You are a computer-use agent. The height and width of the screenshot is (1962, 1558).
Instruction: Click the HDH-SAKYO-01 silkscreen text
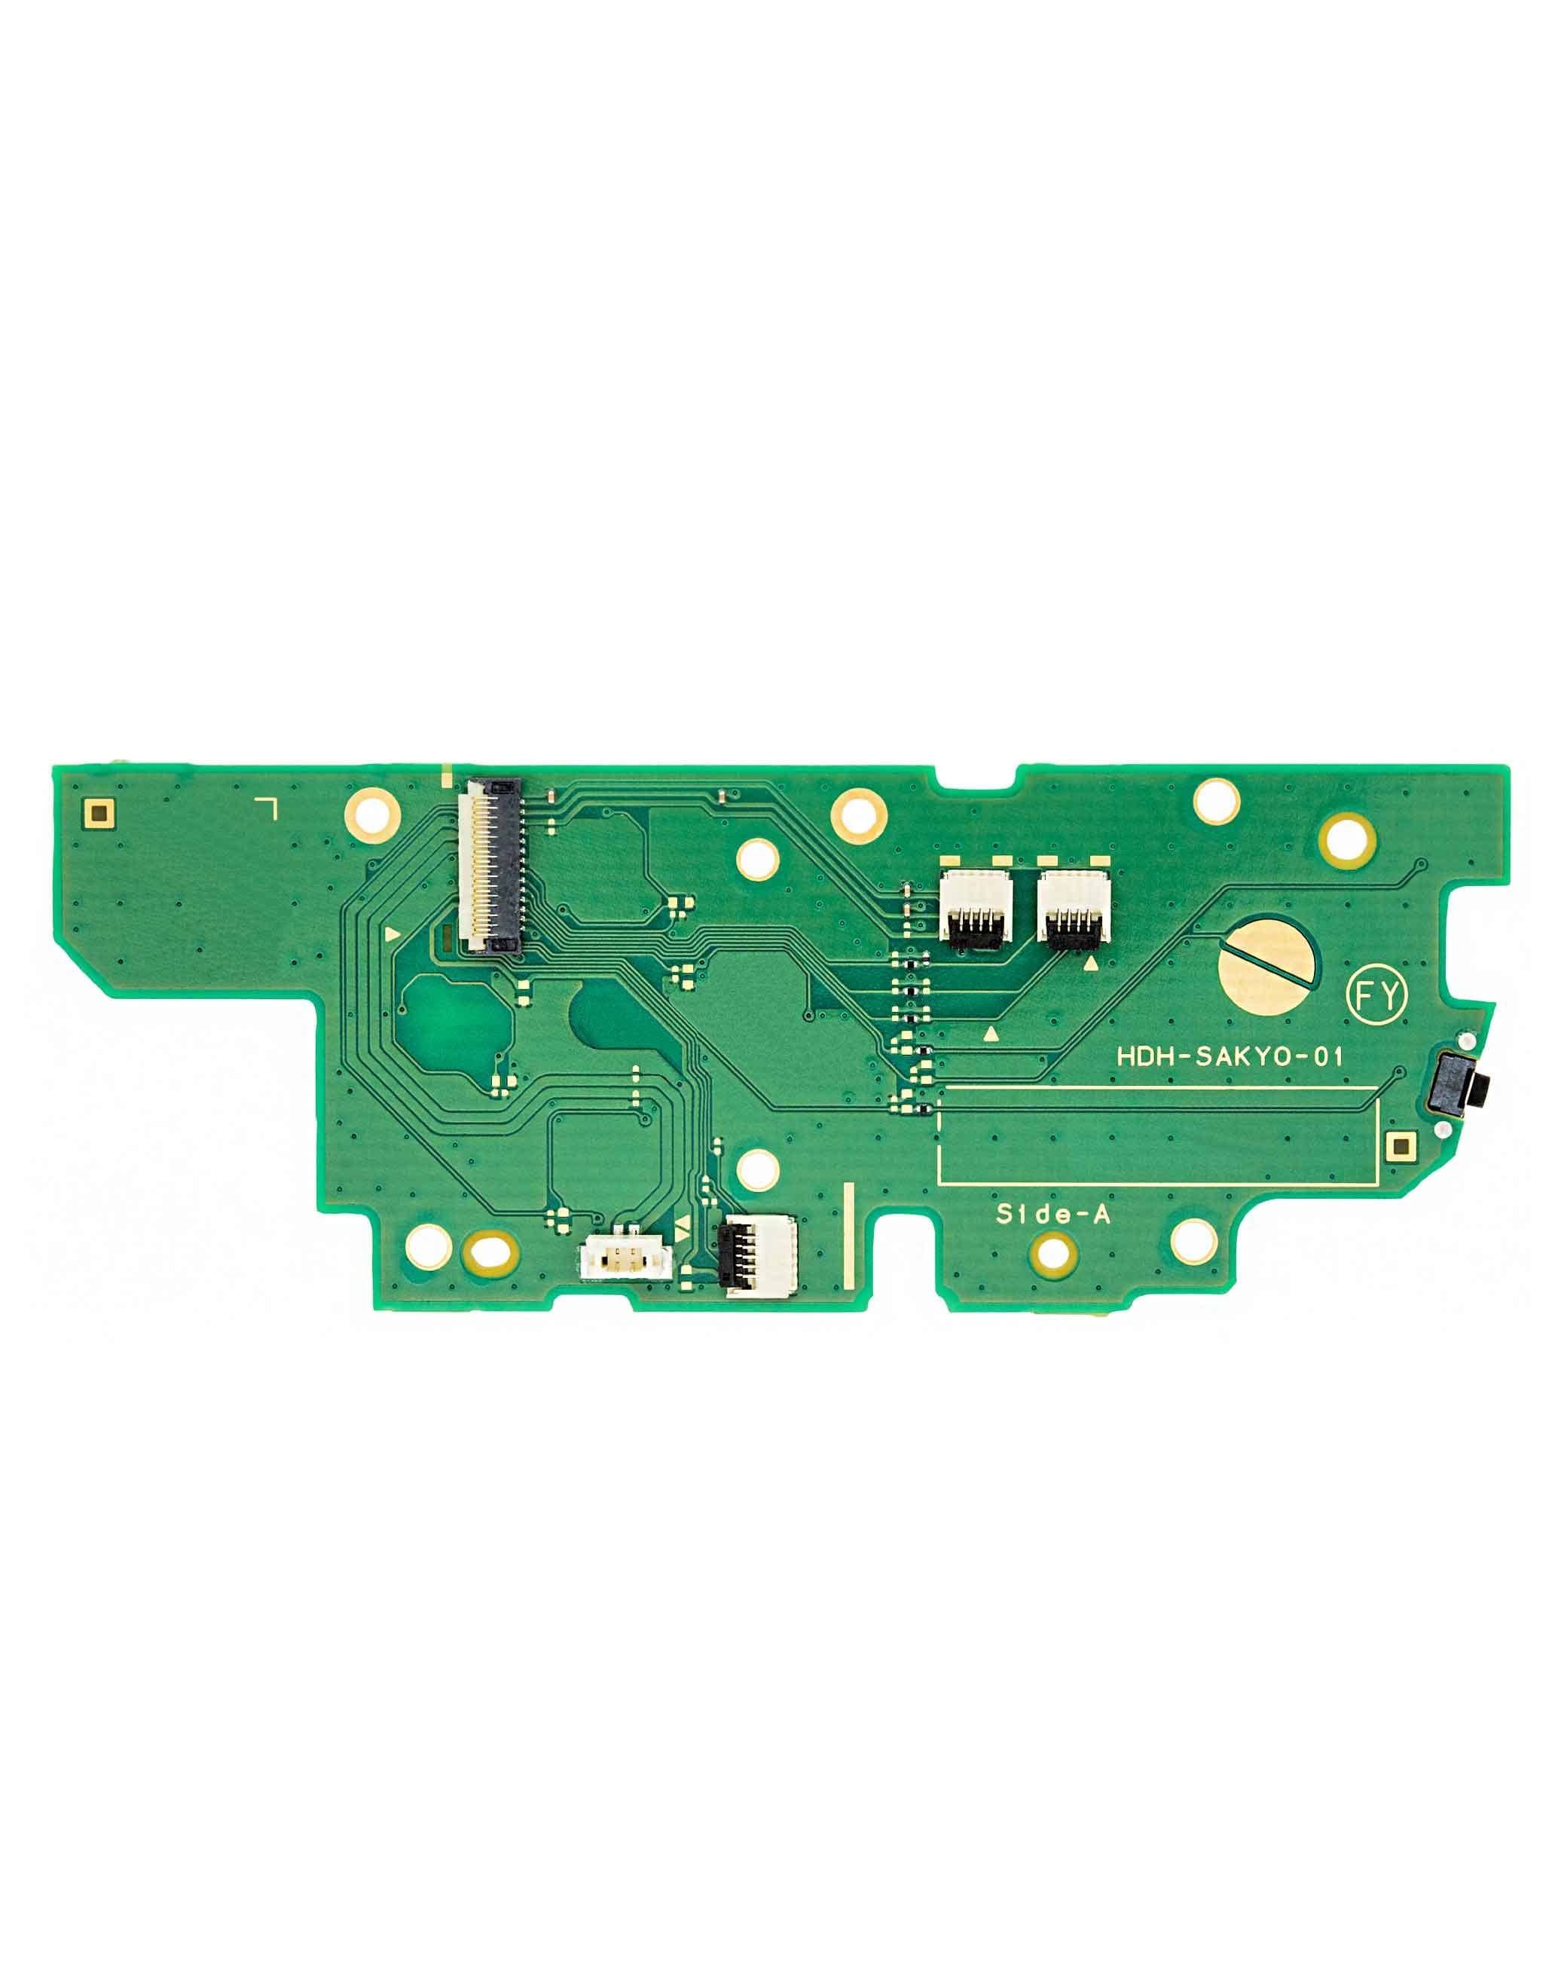(1230, 1056)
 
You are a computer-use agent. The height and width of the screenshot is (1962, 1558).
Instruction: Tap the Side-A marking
(1053, 1213)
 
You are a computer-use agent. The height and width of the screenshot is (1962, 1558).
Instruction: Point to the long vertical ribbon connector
(492, 866)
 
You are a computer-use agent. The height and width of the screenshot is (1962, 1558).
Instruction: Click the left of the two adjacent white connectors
(975, 906)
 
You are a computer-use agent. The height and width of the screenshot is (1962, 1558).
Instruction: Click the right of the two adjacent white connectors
(1074, 906)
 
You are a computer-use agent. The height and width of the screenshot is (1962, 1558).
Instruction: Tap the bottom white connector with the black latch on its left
(758, 1252)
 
